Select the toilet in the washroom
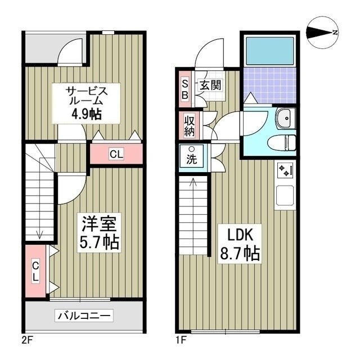(x=283, y=142)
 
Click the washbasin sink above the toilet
(x=285, y=118)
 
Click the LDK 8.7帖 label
(x=238, y=245)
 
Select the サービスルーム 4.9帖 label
(x=85, y=102)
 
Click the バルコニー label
(x=84, y=316)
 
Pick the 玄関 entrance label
(x=209, y=85)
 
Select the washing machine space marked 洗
(x=192, y=155)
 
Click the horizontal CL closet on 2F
(x=116, y=154)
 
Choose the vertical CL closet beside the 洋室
(x=35, y=272)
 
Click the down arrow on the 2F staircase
(x=39, y=235)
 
